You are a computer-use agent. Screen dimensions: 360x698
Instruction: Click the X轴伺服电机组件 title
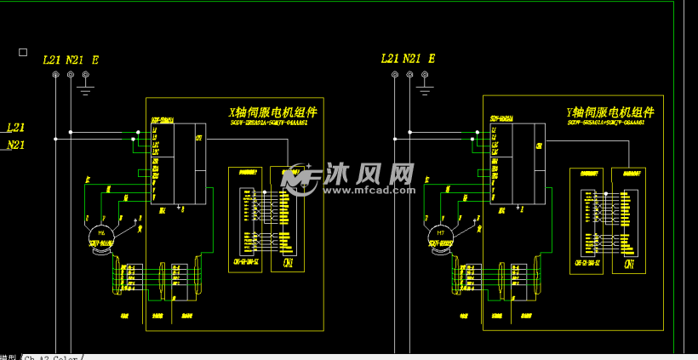pos(273,112)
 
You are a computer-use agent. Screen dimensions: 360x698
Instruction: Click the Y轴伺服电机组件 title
pos(610,112)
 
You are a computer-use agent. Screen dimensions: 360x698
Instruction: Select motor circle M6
pos(102,232)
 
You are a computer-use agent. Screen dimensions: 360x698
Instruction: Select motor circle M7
pos(440,232)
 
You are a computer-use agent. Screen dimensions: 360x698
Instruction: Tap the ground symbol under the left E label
pos(85,86)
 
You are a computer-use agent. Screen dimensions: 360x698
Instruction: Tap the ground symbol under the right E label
pos(423,86)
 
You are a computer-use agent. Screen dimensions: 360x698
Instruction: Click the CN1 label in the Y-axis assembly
pos(628,264)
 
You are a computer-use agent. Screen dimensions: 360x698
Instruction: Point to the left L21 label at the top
pos(51,60)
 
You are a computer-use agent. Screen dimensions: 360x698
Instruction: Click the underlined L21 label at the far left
pos(15,128)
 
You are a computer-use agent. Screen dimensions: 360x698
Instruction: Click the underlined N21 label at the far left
pos(15,145)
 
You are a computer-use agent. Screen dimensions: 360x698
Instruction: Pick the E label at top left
pos(94,60)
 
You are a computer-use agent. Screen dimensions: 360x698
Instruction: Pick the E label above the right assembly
pos(432,59)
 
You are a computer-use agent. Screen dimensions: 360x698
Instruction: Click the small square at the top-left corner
pos(23,52)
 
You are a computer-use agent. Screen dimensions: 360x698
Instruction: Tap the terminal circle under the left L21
pos(55,75)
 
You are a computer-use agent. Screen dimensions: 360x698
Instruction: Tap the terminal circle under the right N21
pos(409,75)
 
